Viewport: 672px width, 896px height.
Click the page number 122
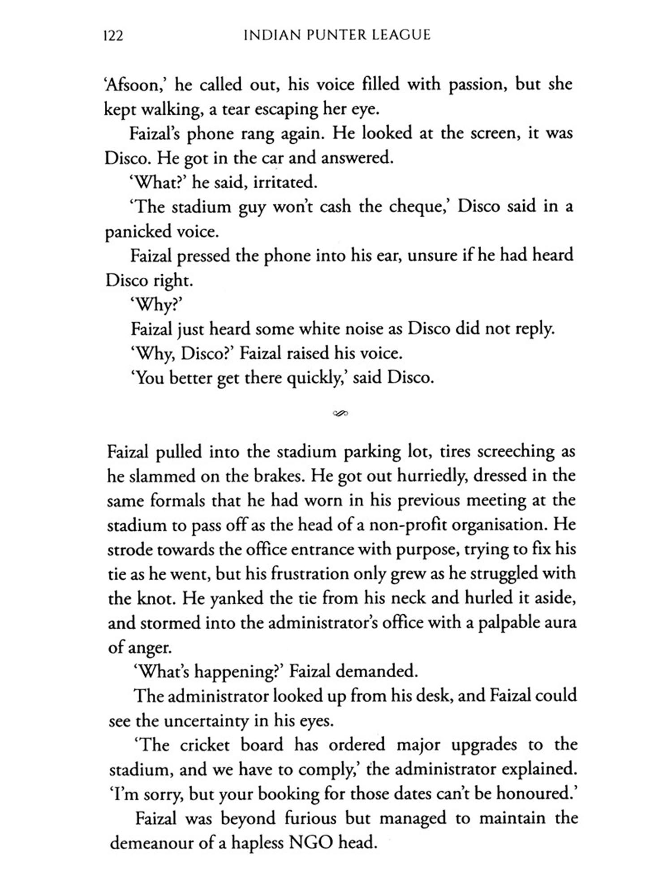click(113, 36)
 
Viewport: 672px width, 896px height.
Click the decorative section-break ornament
click(340, 413)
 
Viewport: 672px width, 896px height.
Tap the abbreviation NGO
click(311, 843)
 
